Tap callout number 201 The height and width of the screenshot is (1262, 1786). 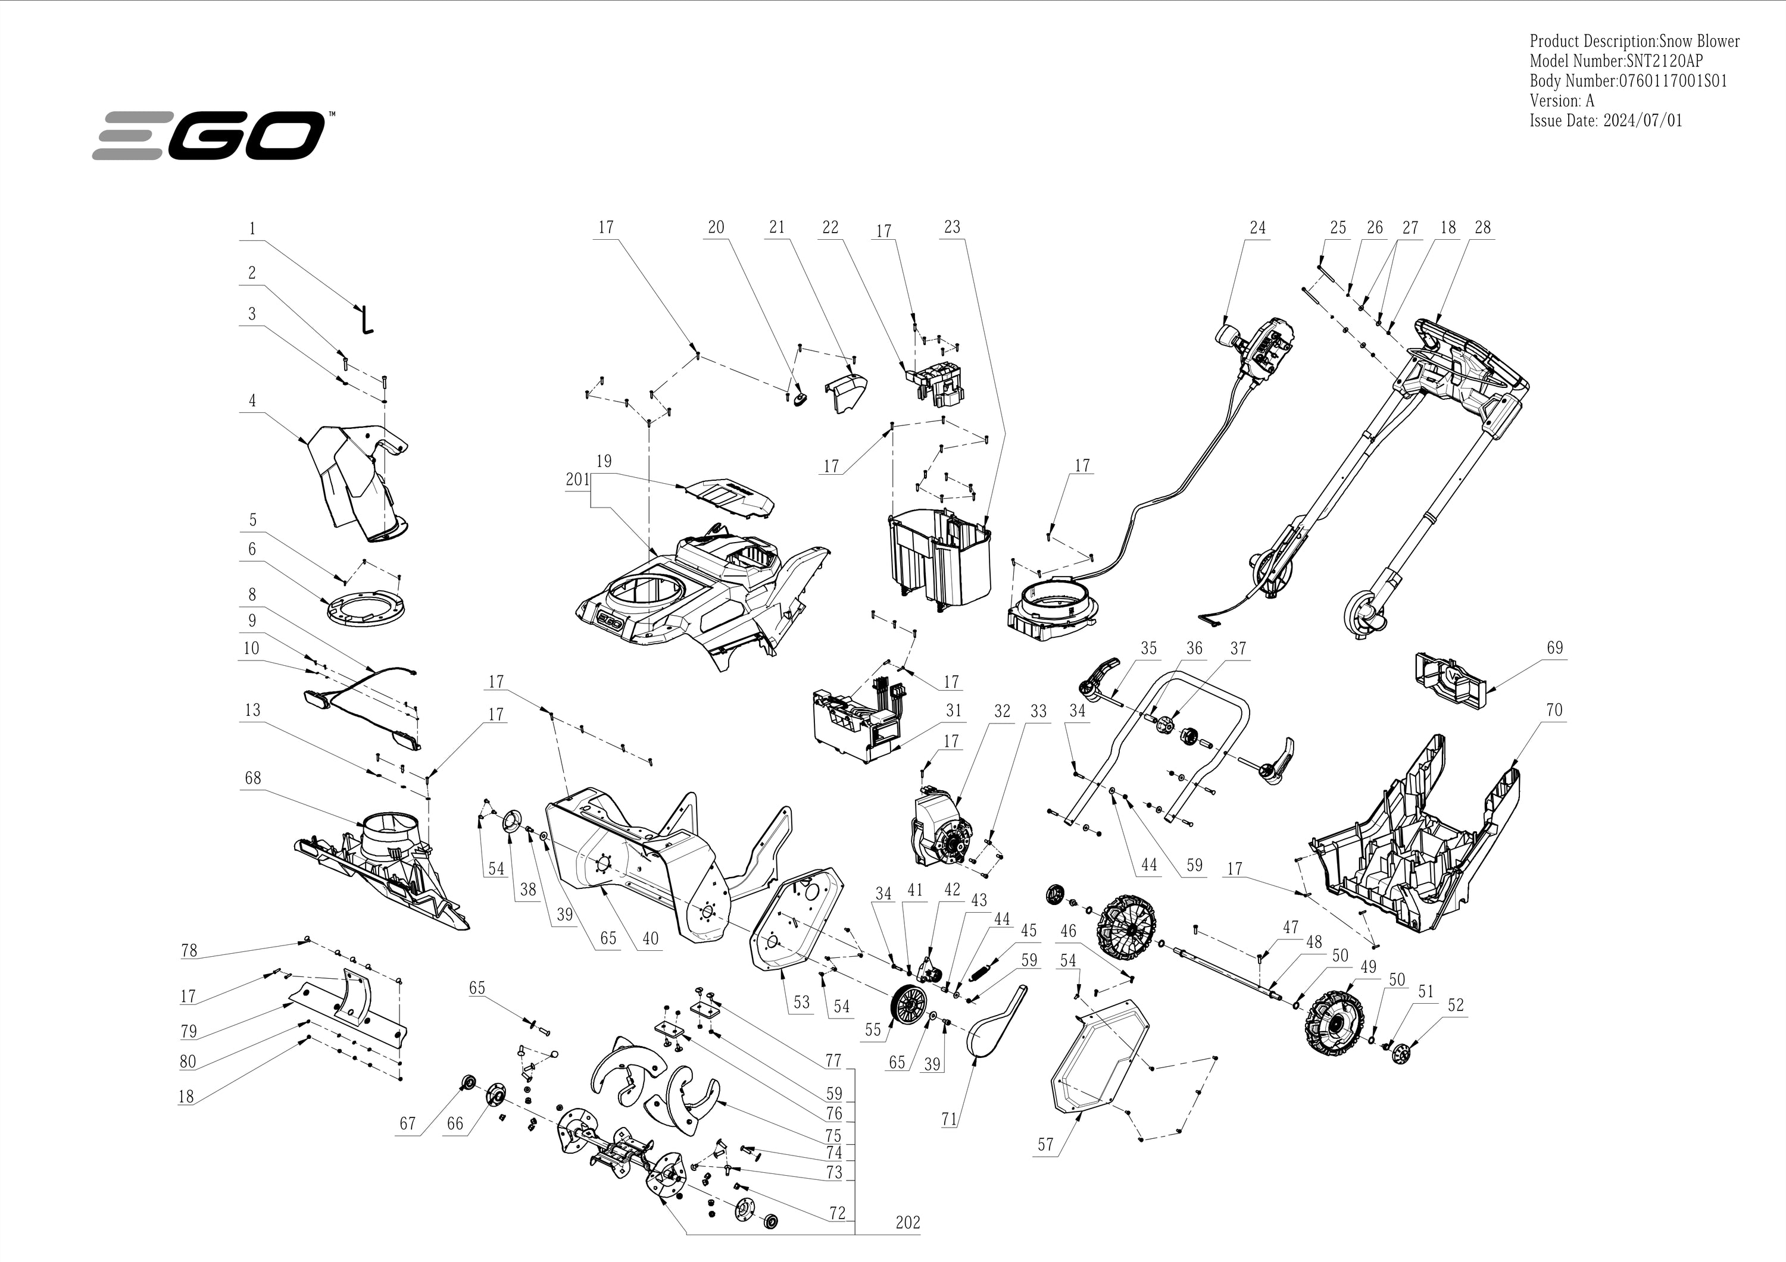tap(578, 480)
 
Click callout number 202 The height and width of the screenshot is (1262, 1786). tap(907, 1222)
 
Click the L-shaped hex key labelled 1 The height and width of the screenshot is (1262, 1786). tap(366, 320)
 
